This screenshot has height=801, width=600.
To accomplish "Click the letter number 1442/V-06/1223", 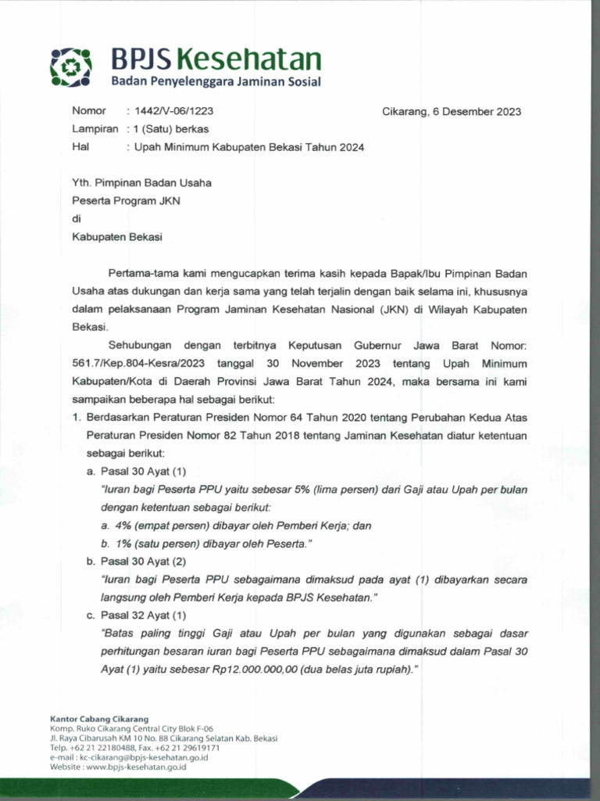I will coord(174,111).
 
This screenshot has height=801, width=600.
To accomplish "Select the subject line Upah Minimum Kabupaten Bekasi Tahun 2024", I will coord(249,147).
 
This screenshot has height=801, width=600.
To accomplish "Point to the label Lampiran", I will coord(95,129).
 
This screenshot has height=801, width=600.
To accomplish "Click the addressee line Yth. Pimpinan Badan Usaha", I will coord(141,183).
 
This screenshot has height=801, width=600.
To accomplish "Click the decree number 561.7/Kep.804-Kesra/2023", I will coord(134,364).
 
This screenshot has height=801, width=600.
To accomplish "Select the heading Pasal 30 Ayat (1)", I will coord(143,472).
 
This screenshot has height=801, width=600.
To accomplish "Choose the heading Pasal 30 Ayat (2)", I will coord(143,562).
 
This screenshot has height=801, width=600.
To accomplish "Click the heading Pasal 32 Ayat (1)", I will coord(143,616).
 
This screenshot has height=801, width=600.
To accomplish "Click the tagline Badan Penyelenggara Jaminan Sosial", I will coord(215,81).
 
